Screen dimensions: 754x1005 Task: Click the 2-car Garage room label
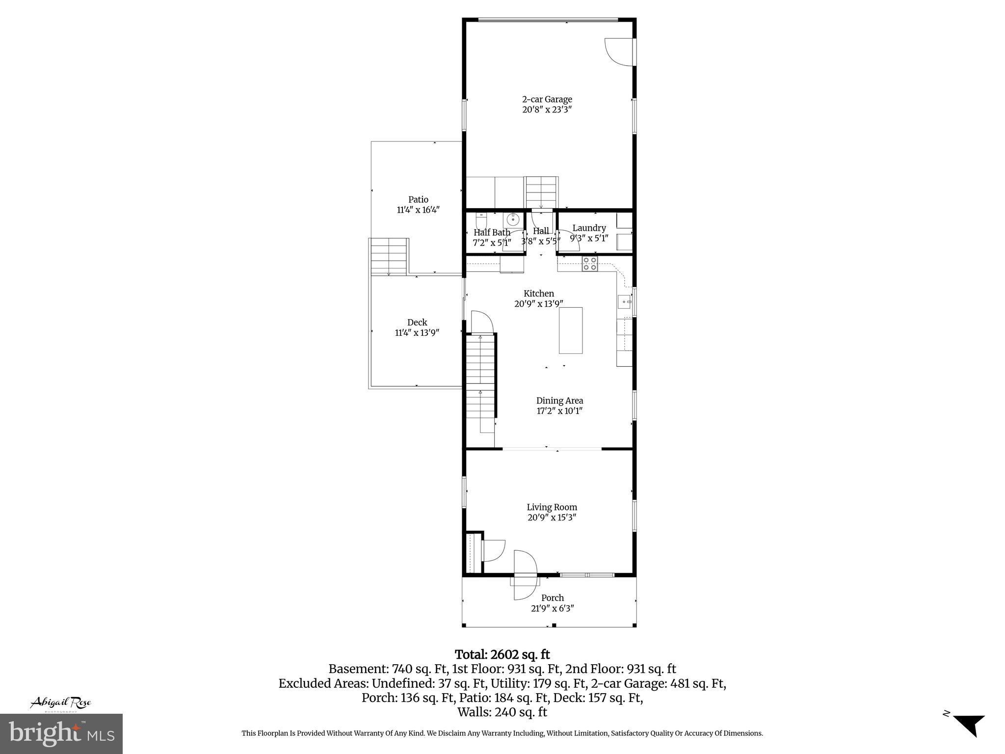(x=547, y=100)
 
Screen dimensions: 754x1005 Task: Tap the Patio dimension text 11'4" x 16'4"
(x=418, y=210)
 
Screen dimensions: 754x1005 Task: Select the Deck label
(x=417, y=323)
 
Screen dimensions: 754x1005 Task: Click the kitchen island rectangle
(x=571, y=330)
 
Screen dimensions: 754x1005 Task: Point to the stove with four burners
(x=589, y=264)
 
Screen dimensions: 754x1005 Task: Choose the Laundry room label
(x=589, y=228)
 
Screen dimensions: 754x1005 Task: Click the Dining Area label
(x=559, y=401)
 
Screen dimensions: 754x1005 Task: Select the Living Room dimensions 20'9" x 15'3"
(x=552, y=517)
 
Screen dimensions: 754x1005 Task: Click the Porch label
(x=552, y=598)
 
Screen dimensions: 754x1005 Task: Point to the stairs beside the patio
(x=389, y=256)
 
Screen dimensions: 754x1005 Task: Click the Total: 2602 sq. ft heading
(x=502, y=654)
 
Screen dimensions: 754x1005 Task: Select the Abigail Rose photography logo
(x=61, y=703)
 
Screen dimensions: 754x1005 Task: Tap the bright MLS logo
(x=61, y=733)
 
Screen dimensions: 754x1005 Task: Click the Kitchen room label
(x=538, y=294)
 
